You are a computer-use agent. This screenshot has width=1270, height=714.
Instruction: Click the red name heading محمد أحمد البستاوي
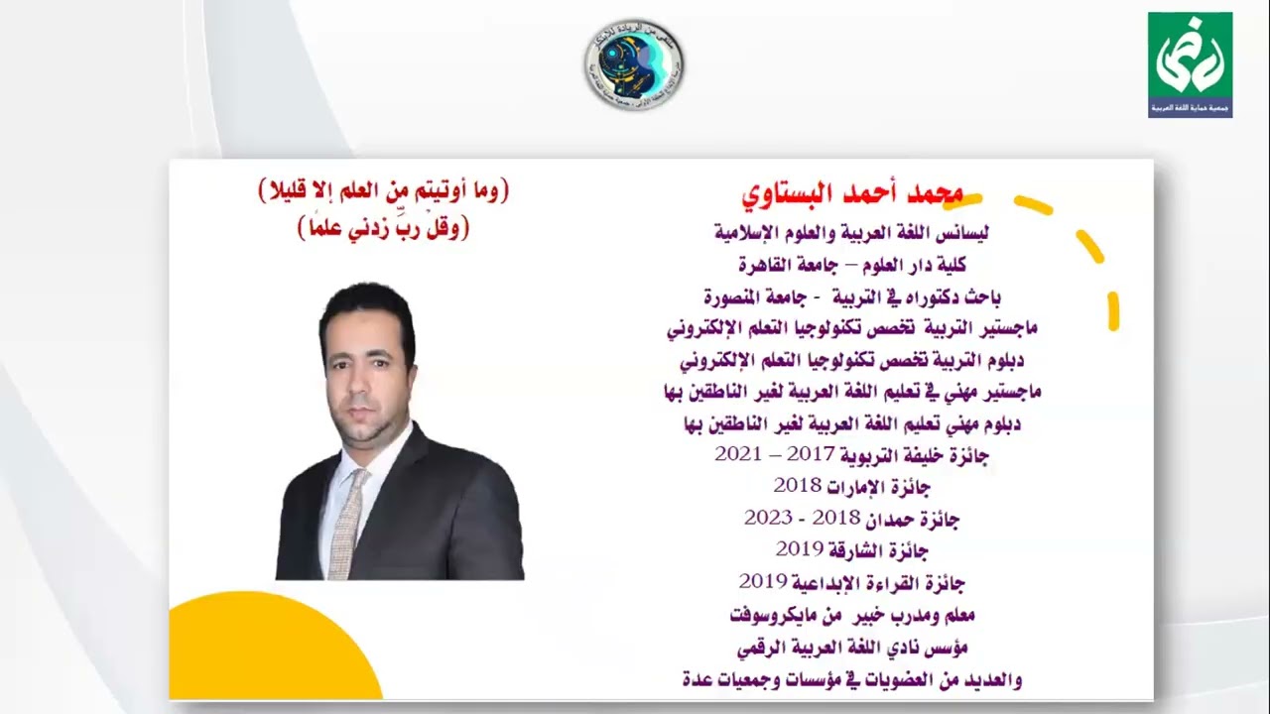click(852, 192)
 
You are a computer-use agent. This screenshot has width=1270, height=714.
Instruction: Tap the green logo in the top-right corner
click(1190, 64)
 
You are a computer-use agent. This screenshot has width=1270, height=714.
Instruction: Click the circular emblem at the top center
click(633, 63)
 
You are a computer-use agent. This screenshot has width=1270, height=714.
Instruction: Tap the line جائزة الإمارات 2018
click(851, 486)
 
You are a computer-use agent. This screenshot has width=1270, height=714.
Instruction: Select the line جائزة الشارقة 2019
click(851, 548)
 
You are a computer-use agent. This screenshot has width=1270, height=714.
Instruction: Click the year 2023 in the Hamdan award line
click(768, 518)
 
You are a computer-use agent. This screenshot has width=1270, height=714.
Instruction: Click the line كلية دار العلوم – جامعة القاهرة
click(851, 265)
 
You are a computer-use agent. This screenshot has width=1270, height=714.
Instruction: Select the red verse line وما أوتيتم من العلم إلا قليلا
click(383, 191)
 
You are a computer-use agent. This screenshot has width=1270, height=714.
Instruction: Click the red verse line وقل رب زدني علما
click(383, 228)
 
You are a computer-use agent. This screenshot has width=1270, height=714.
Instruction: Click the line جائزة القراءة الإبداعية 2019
click(851, 581)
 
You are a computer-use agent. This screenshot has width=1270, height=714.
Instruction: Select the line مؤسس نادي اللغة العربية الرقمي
click(851, 648)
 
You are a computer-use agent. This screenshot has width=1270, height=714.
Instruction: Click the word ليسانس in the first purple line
click(960, 234)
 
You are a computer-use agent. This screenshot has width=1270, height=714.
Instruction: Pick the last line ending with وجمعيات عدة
click(851, 679)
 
